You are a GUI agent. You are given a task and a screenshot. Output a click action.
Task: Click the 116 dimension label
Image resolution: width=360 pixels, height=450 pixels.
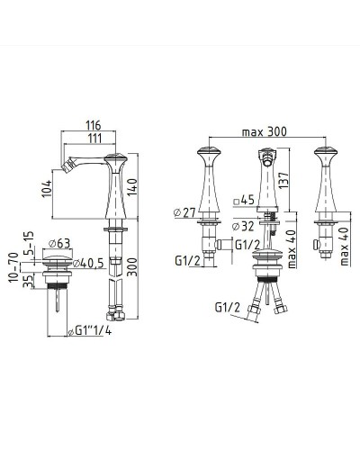click(94, 125)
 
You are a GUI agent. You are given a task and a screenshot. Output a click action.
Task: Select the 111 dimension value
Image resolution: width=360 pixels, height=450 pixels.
click(94, 139)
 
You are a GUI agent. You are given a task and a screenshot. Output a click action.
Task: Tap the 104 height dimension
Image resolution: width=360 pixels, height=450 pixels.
click(47, 189)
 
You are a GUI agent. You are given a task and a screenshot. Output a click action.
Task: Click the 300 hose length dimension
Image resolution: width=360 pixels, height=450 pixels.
click(131, 266)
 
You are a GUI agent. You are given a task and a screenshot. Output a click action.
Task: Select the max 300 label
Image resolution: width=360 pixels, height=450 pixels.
click(265, 131)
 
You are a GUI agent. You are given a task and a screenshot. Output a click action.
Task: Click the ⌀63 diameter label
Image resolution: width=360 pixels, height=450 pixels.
click(60, 243)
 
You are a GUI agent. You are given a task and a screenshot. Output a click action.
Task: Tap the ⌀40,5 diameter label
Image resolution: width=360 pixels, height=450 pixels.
click(88, 263)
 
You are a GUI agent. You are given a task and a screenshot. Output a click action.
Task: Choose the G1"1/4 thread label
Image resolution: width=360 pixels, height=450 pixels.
click(90, 330)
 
